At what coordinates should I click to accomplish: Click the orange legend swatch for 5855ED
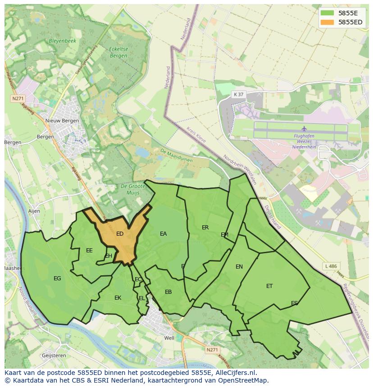pyautogui.click(x=328, y=22)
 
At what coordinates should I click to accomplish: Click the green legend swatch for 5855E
pyautogui.click(x=328, y=13)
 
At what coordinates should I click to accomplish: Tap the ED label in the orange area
pyautogui.click(x=120, y=234)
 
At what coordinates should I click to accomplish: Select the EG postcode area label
pyautogui.click(x=57, y=278)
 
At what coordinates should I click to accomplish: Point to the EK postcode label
pyautogui.click(x=118, y=298)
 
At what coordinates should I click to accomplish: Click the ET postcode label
pyautogui.click(x=269, y=286)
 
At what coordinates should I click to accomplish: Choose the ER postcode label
pyautogui.click(x=205, y=228)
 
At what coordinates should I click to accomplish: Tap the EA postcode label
pyautogui.click(x=163, y=234)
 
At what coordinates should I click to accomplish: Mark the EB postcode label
pyautogui.click(x=168, y=292)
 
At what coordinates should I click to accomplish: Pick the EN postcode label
pyautogui.click(x=239, y=267)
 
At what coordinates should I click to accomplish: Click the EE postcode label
pyautogui.click(x=89, y=251)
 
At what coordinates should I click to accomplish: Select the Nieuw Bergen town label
pyautogui.click(x=62, y=121)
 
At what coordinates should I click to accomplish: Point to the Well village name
pyautogui.click(x=169, y=338)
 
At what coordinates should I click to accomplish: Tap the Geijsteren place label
pyautogui.click(x=54, y=356)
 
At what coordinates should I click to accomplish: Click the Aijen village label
pyautogui.click(x=34, y=211)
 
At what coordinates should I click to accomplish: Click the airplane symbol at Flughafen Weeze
pyautogui.click(x=304, y=129)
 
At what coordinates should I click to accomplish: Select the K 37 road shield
pyautogui.click(x=238, y=94)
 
